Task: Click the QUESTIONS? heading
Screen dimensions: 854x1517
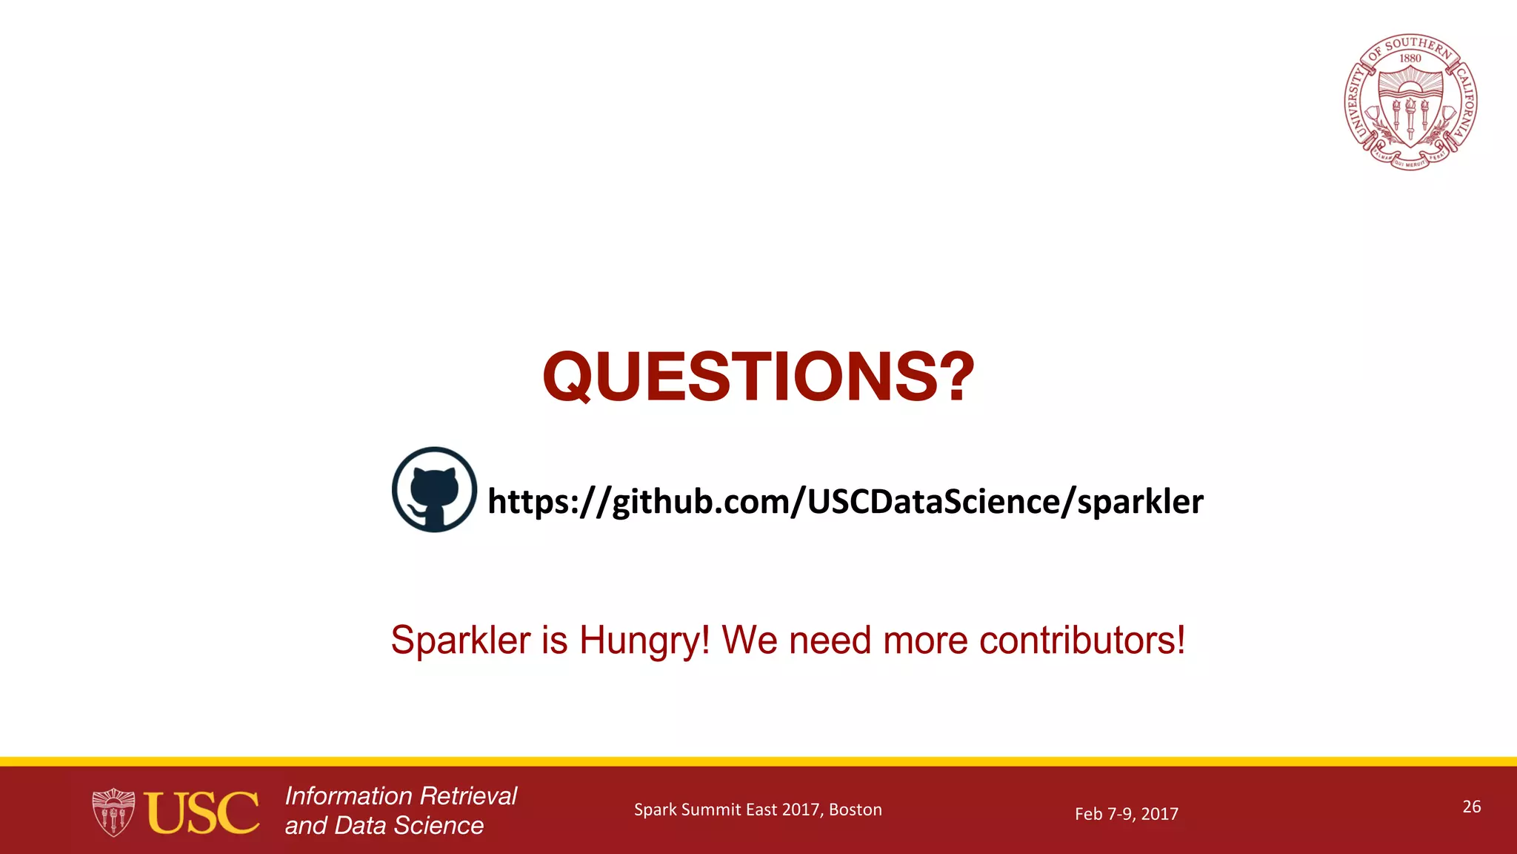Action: [x=758, y=377]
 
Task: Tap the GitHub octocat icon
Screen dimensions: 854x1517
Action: [x=434, y=489]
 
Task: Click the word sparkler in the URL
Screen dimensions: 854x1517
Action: [x=1140, y=502]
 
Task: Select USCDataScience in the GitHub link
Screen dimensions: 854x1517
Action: [x=933, y=502]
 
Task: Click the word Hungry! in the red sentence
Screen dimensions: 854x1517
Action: [x=644, y=640]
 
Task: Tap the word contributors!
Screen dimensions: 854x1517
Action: [x=1082, y=640]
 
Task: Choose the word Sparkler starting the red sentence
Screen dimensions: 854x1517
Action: [x=461, y=640]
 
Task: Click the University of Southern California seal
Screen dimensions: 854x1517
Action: [x=1410, y=102]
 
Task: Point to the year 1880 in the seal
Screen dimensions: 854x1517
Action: [x=1410, y=59]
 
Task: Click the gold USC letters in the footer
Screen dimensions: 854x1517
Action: [x=202, y=813]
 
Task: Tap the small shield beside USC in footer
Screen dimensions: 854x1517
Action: [x=113, y=813]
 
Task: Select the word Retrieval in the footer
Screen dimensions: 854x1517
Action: [x=469, y=796]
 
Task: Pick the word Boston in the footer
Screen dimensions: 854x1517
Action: [x=856, y=810]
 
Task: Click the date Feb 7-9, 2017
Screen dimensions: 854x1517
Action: [x=1126, y=814]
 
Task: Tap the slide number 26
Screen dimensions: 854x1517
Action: [x=1471, y=807]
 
